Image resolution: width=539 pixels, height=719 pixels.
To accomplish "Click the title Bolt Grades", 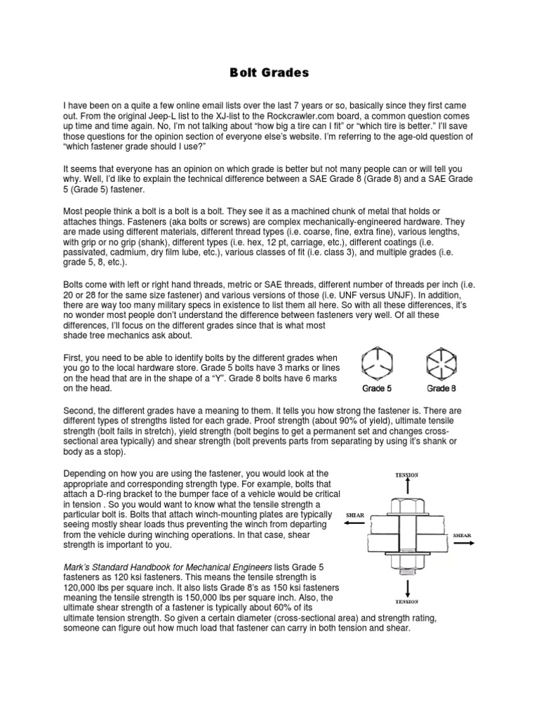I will (x=269, y=72).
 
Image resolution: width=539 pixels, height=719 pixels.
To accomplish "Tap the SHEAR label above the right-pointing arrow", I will (x=462, y=536).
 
